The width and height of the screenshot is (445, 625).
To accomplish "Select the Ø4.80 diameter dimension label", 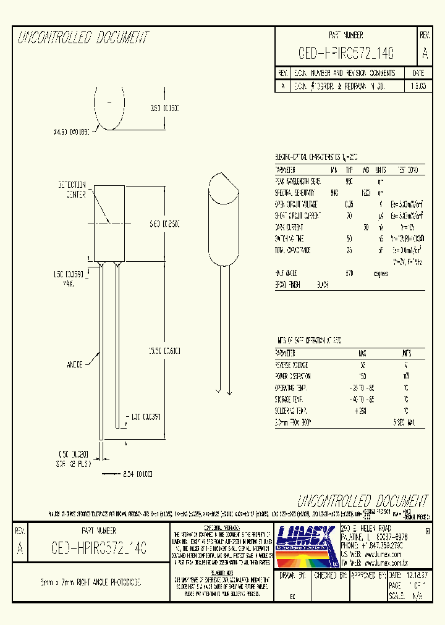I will coord(72,131).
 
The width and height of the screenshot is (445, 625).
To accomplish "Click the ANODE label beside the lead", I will coord(75,365).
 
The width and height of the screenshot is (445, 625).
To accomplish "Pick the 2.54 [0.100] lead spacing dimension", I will coord(138,474).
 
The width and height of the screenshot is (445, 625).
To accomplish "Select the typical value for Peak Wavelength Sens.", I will coord(349,182).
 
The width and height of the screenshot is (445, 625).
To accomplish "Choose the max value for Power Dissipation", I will coord(362,376).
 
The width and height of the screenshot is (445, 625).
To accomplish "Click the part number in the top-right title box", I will coord(345,54).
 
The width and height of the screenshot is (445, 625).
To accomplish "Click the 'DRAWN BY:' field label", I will coord(293,574).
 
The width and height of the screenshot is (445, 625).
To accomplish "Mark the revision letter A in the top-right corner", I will coord(425,54).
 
